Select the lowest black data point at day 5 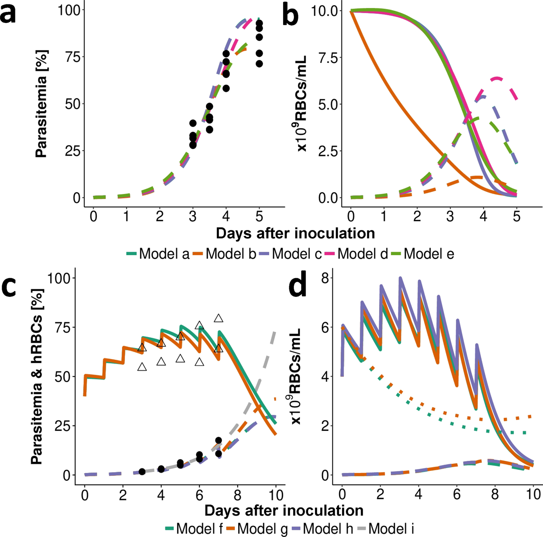[x=259, y=64]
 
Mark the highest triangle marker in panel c [x=218, y=318]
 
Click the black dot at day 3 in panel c [x=142, y=471]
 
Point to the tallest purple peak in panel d [x=400, y=278]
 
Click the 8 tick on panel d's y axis [x=325, y=278]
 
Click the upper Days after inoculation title [x=295, y=233]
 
